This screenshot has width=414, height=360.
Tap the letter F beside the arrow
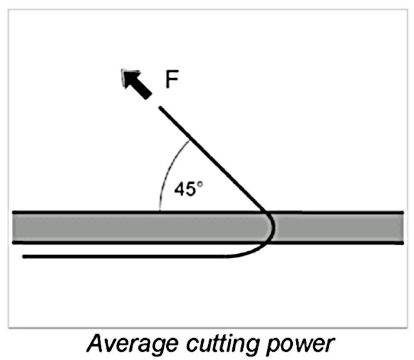(172, 80)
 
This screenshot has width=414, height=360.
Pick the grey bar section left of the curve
(136, 226)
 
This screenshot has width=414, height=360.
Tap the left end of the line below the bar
(24, 257)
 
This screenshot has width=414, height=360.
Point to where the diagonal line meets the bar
(264, 211)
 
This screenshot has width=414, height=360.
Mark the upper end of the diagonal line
(160, 108)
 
